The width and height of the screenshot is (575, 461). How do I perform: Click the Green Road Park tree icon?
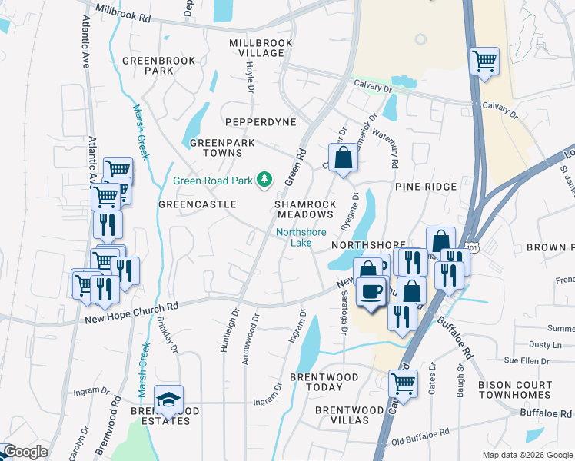coord(265,179)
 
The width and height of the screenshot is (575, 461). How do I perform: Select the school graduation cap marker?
coord(168,400)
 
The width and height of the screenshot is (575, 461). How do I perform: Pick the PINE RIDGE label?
coord(425,187)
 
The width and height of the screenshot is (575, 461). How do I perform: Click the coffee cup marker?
coord(373,292)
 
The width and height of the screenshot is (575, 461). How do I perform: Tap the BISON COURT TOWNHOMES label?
coord(514,390)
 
